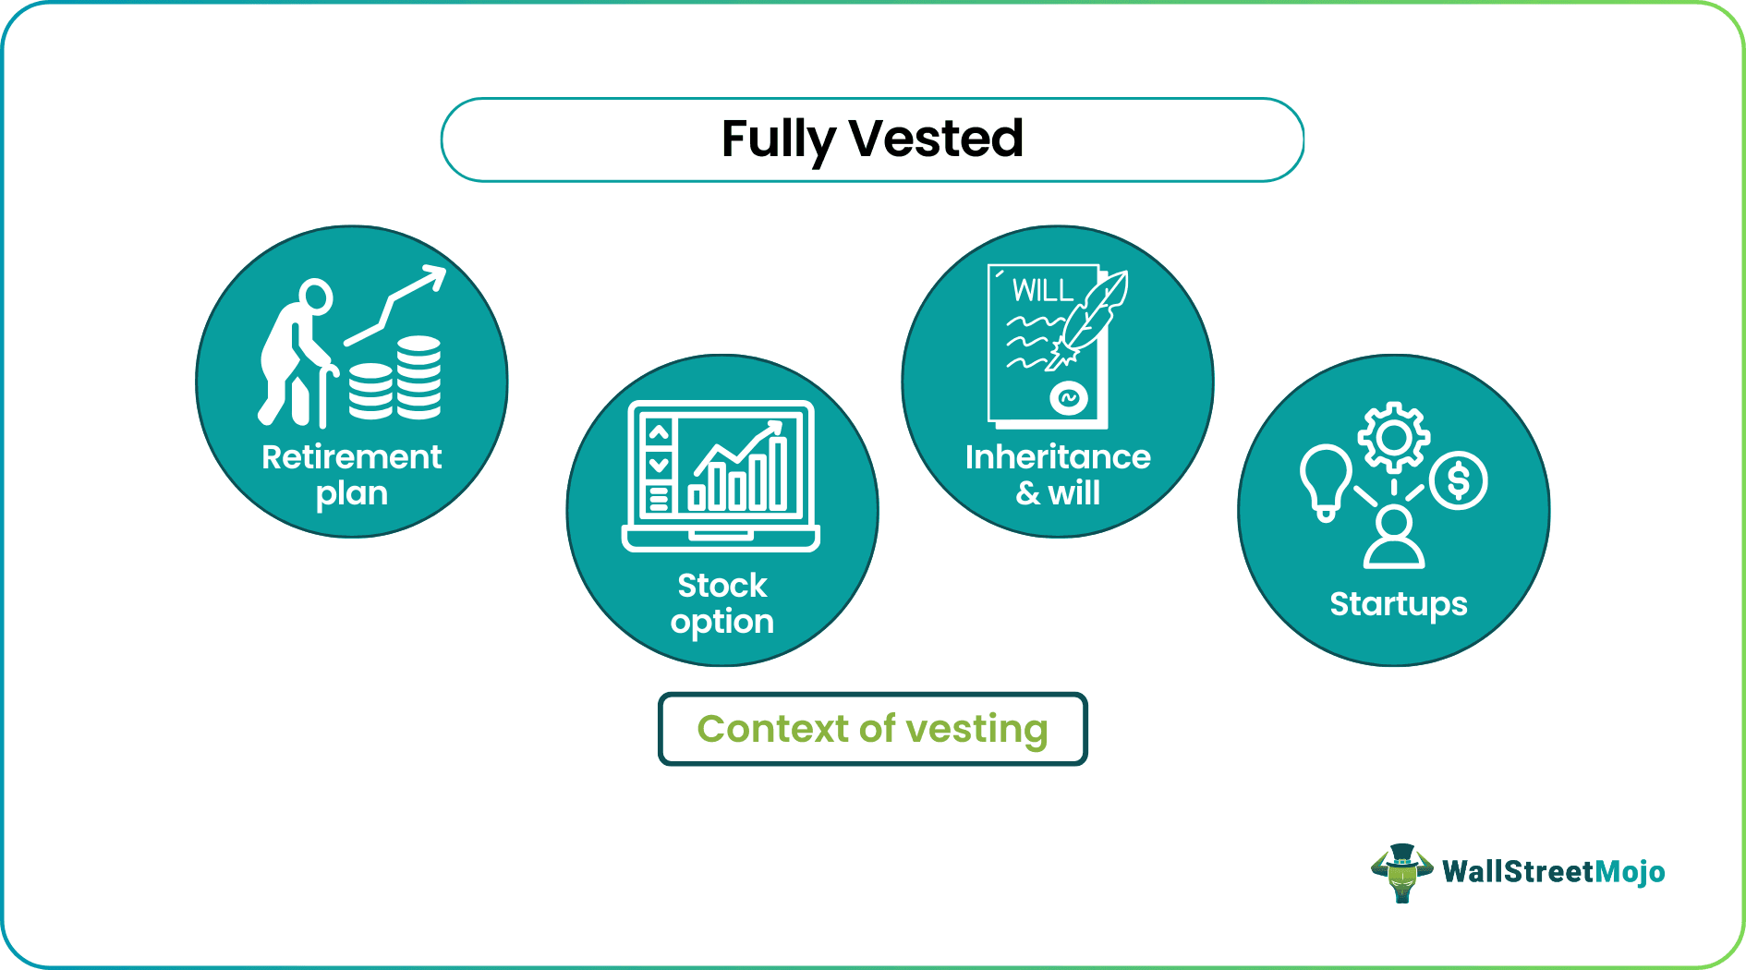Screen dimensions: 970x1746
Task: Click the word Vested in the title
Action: tap(935, 139)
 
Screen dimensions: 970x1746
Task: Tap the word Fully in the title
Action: tap(778, 140)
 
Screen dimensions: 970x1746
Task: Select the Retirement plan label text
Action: tap(352, 475)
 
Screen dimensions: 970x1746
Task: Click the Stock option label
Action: tap(722, 603)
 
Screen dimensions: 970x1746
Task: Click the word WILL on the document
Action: tap(1042, 291)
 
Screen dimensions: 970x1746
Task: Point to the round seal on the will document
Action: tap(1068, 398)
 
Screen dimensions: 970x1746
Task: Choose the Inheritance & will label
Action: tap(1058, 475)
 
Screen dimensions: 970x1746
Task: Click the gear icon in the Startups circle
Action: tap(1393, 437)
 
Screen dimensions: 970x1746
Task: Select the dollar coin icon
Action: tap(1458, 480)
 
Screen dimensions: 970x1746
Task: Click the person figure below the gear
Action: tap(1394, 539)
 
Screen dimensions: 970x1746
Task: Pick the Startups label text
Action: tap(1398, 604)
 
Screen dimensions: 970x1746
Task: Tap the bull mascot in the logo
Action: tap(1401, 872)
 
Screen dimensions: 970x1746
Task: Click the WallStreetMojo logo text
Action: tap(1553, 872)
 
